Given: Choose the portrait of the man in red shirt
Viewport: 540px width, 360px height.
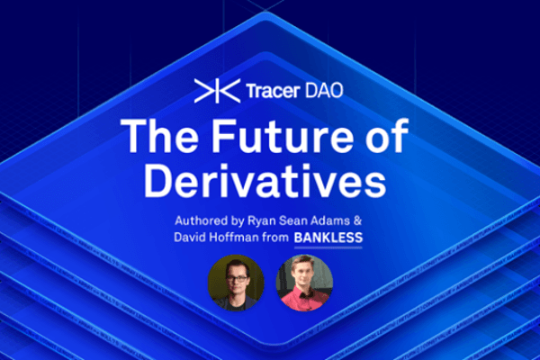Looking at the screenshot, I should pos(304,282).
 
